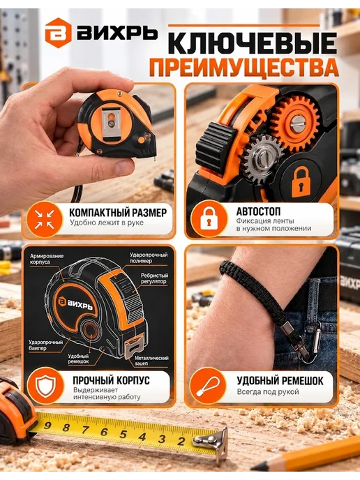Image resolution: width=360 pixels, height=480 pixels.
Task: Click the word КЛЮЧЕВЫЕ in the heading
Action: (253, 43)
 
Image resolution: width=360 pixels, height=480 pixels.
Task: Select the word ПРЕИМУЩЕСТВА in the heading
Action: (244, 68)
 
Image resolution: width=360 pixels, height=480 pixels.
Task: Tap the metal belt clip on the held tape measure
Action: (112, 125)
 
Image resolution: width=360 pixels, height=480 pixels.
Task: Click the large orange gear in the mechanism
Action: (296, 125)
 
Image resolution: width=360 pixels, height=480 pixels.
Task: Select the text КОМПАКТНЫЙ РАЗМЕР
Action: (118, 213)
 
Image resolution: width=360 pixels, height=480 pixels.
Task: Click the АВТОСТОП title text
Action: (258, 211)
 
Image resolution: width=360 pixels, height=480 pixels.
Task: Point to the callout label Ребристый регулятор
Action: (155, 278)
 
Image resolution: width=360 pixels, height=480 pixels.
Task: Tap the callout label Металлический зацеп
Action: (151, 360)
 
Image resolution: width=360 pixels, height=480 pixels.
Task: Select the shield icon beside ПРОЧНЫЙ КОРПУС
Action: (45, 384)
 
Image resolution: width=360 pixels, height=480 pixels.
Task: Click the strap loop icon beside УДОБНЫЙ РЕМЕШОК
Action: (207, 385)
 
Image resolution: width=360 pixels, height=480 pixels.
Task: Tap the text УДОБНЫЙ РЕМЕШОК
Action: (280, 380)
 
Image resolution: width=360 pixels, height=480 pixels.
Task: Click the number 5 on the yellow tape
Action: (123, 434)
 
